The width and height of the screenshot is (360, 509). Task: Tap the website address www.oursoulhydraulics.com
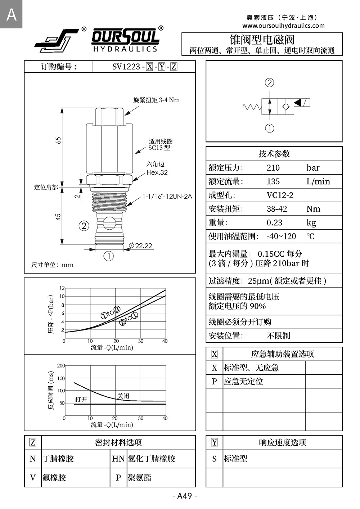(283, 26)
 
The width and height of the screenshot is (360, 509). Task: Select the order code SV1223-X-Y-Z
(145, 67)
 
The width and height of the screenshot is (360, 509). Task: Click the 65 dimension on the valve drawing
(58, 140)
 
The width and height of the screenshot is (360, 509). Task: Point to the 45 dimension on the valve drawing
(58, 217)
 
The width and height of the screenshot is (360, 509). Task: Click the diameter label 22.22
(141, 246)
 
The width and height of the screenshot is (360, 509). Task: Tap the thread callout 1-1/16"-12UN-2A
(167, 196)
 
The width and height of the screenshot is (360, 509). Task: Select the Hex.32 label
(157, 172)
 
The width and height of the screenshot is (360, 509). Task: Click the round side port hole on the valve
(109, 223)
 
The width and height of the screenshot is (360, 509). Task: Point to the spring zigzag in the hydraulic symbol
(252, 107)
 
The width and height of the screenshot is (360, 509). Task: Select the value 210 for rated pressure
(273, 168)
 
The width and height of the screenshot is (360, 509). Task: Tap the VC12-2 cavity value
(280, 195)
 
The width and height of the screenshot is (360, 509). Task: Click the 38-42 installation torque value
(277, 209)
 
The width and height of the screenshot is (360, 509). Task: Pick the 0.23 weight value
(274, 222)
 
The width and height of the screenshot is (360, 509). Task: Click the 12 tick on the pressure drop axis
(62, 288)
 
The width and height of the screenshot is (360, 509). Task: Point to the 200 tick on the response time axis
(61, 366)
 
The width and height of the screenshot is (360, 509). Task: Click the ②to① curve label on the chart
(129, 319)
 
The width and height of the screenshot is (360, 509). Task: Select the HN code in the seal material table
(118, 459)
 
